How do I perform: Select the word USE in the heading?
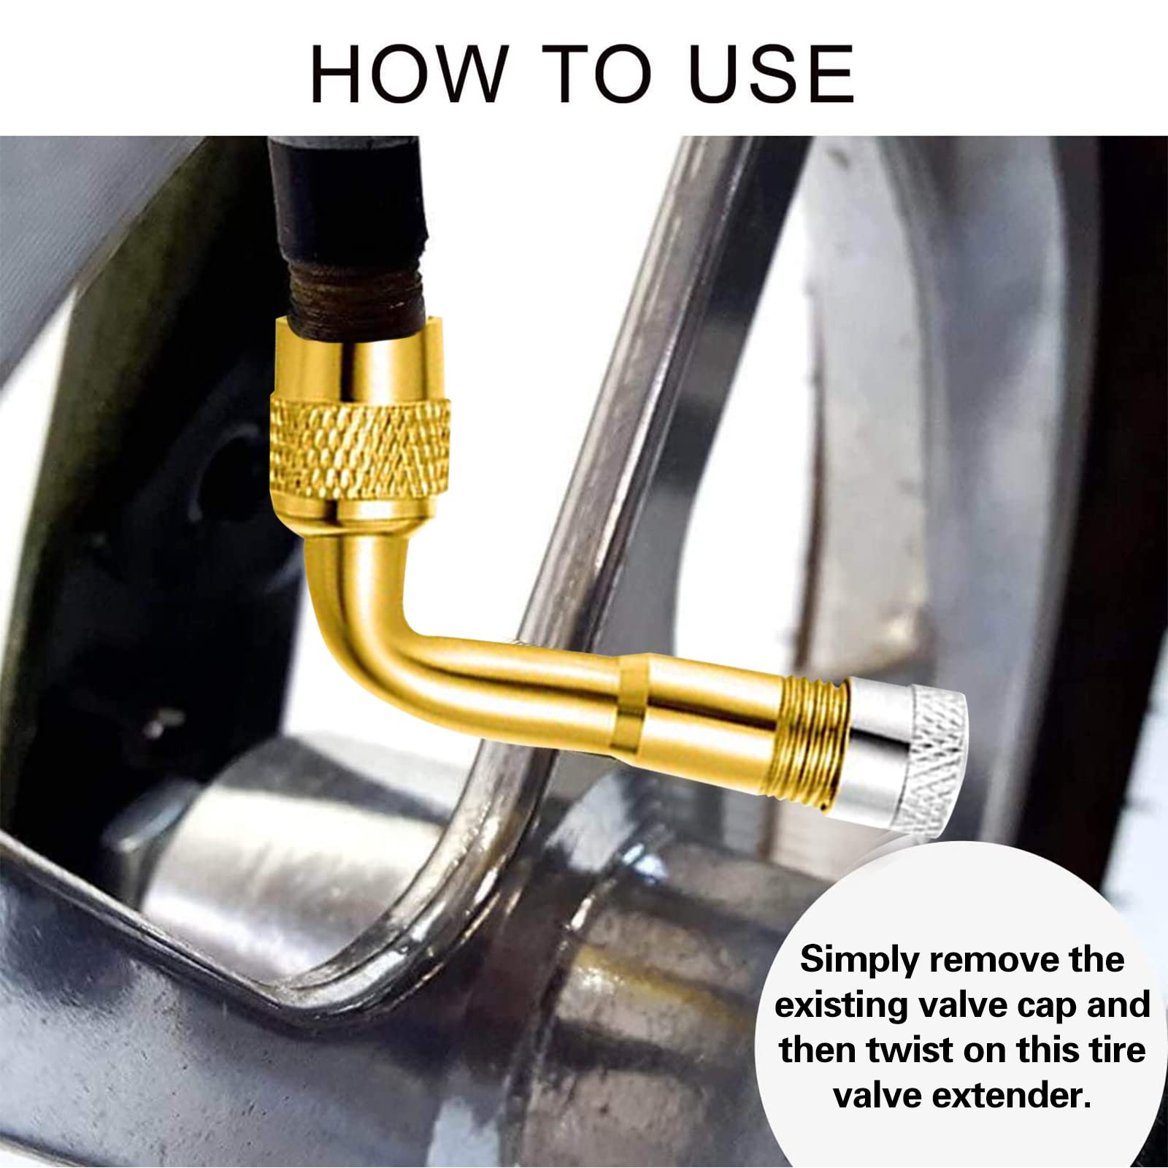click(x=772, y=74)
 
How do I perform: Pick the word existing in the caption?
click(x=845, y=1005)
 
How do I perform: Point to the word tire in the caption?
click(x=1116, y=1050)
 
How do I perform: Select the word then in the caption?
click(x=818, y=1050)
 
